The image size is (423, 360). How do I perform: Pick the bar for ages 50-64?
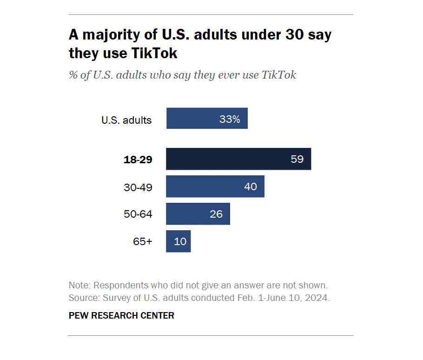click(x=191, y=214)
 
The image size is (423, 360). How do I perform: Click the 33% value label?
click(x=230, y=119)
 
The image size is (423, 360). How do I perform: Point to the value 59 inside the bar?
click(x=297, y=159)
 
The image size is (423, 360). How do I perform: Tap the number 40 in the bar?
click(x=251, y=187)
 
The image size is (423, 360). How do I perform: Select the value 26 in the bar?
click(x=216, y=214)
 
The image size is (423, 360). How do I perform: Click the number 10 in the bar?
click(x=180, y=241)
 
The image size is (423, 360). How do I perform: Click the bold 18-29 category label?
click(x=138, y=160)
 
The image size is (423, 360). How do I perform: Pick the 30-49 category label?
click(x=138, y=187)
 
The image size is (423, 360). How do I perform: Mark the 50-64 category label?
click(x=138, y=214)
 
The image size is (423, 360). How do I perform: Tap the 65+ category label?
click(x=143, y=242)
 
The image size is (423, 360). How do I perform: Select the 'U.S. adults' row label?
click(x=126, y=120)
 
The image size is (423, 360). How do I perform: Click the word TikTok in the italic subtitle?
click(x=279, y=75)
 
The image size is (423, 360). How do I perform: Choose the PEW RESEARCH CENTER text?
click(x=121, y=316)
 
